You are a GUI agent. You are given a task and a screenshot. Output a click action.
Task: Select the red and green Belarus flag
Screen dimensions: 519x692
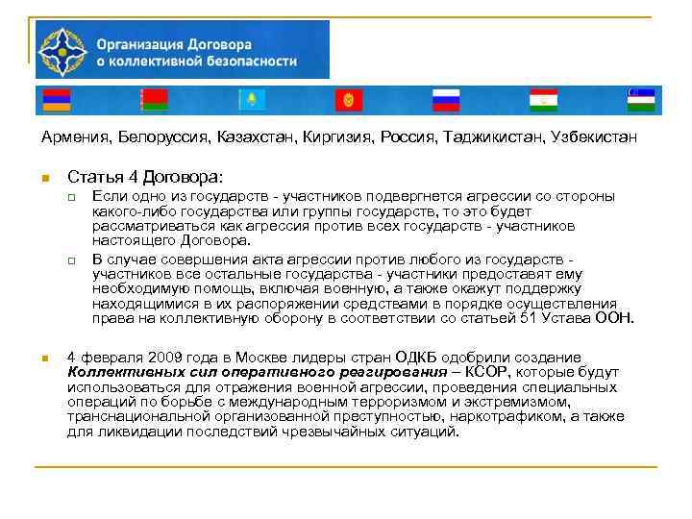(153, 99)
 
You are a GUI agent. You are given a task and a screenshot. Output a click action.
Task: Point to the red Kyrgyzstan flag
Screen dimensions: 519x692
(348, 99)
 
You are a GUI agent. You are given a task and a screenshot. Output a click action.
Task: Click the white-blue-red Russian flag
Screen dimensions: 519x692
(447, 99)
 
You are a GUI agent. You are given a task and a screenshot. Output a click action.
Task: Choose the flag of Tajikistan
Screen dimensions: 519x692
(543, 99)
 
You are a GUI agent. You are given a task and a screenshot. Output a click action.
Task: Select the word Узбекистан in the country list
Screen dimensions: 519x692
(594, 138)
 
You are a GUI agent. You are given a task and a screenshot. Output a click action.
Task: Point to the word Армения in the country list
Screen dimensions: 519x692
(76, 138)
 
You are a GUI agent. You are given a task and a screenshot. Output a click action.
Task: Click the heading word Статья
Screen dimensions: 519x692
(94, 177)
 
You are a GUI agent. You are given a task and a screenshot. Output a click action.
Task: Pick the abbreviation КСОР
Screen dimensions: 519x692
(489, 372)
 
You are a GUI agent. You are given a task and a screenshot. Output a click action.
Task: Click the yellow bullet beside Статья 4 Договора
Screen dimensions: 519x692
(44, 178)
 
